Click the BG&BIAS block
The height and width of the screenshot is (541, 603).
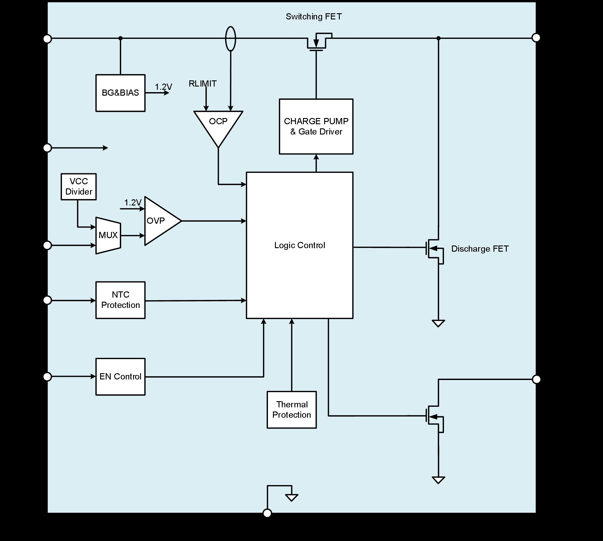pyautogui.click(x=120, y=93)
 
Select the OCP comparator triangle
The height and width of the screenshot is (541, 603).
pyautogui.click(x=218, y=125)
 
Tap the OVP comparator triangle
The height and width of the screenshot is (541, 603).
pyautogui.click(x=160, y=221)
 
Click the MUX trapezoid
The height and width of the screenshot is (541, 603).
pyautogui.click(x=108, y=235)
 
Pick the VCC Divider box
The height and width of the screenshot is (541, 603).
pyautogui.click(x=79, y=187)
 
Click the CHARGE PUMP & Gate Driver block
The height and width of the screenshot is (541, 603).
pyautogui.click(x=316, y=127)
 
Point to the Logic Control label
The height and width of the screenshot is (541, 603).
pyautogui.click(x=300, y=245)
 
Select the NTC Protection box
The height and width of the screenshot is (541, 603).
pyautogui.click(x=120, y=300)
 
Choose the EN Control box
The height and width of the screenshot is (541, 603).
pyautogui.click(x=120, y=377)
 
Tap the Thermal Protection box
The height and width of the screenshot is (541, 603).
pyautogui.click(x=292, y=410)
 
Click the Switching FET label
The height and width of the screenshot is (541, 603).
pyautogui.click(x=314, y=17)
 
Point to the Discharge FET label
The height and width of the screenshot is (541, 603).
pyautogui.click(x=480, y=249)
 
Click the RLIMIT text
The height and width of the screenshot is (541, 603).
pyautogui.click(x=203, y=84)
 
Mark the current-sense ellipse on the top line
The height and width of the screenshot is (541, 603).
pyautogui.click(x=231, y=39)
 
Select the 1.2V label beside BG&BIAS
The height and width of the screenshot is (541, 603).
pyautogui.click(x=163, y=87)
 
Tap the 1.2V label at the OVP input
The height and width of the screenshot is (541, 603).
pyautogui.click(x=132, y=203)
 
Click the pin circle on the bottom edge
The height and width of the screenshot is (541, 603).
pyautogui.click(x=267, y=513)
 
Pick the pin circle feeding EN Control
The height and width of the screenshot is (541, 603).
pyautogui.click(x=48, y=377)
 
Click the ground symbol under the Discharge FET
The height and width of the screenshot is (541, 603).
pyautogui.click(x=438, y=323)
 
